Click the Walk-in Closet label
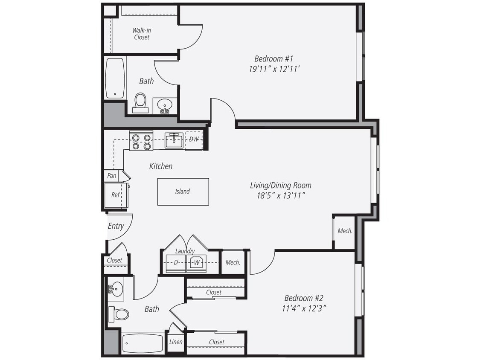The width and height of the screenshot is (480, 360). click(x=141, y=34)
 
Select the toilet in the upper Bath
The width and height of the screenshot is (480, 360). click(x=140, y=102)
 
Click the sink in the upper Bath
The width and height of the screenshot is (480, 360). click(x=164, y=105)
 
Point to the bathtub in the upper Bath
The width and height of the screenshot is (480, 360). click(x=115, y=78)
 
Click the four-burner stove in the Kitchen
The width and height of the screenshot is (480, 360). click(x=141, y=142)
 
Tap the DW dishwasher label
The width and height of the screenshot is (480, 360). click(x=194, y=139)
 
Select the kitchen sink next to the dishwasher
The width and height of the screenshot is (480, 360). click(x=174, y=140)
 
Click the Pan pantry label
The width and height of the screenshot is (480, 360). click(x=112, y=175)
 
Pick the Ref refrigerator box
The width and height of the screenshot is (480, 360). click(x=115, y=195)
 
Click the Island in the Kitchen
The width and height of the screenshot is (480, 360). click(x=183, y=192)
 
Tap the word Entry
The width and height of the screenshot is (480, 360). click(x=116, y=226)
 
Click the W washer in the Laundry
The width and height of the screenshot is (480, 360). click(x=197, y=263)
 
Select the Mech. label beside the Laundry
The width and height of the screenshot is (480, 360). click(x=233, y=263)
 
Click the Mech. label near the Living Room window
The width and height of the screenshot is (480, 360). click(x=345, y=231)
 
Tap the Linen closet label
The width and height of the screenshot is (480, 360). click(x=176, y=342)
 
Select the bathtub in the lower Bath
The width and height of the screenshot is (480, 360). click(x=143, y=343)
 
